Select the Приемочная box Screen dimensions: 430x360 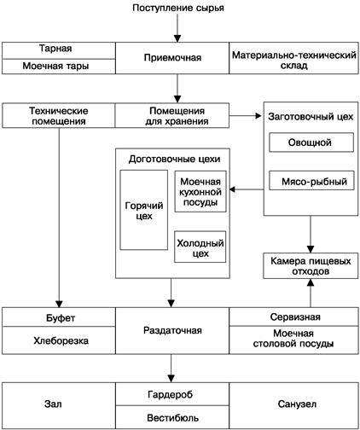(x=177, y=57)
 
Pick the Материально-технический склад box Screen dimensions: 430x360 (x=293, y=57)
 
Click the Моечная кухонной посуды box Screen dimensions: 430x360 (x=200, y=191)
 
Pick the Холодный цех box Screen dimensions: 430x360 (x=200, y=247)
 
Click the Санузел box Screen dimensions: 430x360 (x=293, y=405)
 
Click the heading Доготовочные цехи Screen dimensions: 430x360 (x=173, y=158)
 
